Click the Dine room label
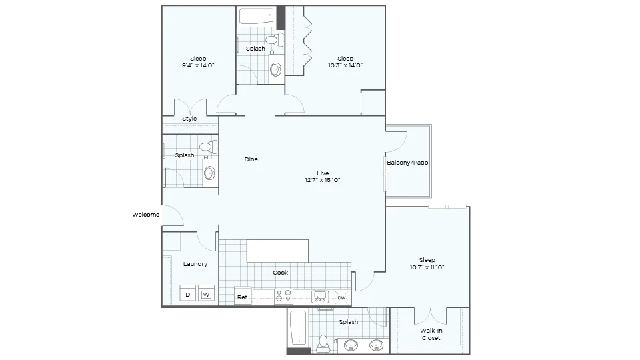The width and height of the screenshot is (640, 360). pos(251,159)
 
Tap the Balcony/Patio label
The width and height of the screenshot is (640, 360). pos(407,163)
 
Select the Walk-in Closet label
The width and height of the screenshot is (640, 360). pos(431,334)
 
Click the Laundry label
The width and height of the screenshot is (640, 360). pos(195,264)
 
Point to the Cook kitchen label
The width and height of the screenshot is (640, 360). pos(281,273)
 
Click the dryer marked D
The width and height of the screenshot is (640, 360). pos(188,295)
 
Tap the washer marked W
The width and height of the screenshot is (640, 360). pos(207,295)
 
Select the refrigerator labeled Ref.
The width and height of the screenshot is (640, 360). pos(243,297)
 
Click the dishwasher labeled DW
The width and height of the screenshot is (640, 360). pos(341,297)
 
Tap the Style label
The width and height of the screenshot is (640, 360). pos(189,119)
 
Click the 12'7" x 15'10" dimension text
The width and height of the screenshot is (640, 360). pos(323,180)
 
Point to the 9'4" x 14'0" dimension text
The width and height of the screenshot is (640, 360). pos(198,65)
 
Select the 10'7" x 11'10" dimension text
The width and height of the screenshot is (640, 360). pos(427,267)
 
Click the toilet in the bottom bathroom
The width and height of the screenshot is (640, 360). pos(323,341)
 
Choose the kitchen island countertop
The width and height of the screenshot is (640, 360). pos(278,251)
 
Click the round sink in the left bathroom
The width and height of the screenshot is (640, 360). pos(210,173)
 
